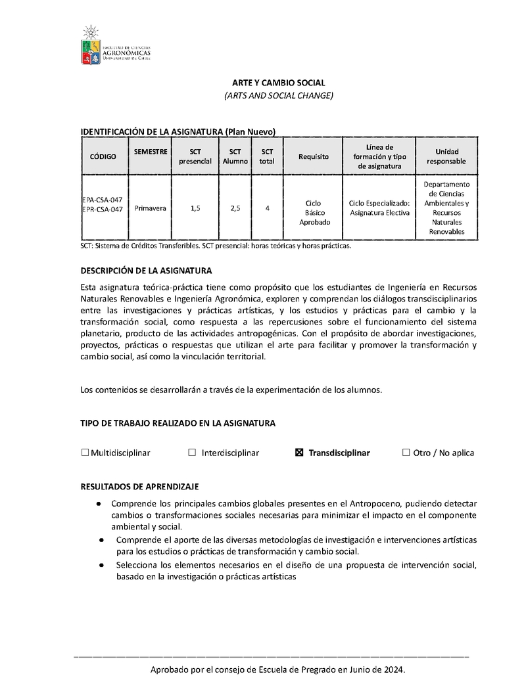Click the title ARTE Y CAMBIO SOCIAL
pos(279,83)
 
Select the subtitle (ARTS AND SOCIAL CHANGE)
pos(279,96)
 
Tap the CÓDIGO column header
pos(103,156)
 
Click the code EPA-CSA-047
pos(103,199)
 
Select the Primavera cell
pos(150,208)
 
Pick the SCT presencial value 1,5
pos(195,208)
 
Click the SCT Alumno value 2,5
pos(235,208)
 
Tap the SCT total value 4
pos(268,208)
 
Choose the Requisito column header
pos(313,156)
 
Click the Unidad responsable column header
pos(446,156)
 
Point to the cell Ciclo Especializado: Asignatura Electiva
pos(379,208)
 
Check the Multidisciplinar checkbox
pos(85,453)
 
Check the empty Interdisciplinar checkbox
pos(192,453)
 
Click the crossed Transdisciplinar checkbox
pos(299,453)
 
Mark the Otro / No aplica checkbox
pos(406,453)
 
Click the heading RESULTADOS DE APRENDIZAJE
pos(139,487)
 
